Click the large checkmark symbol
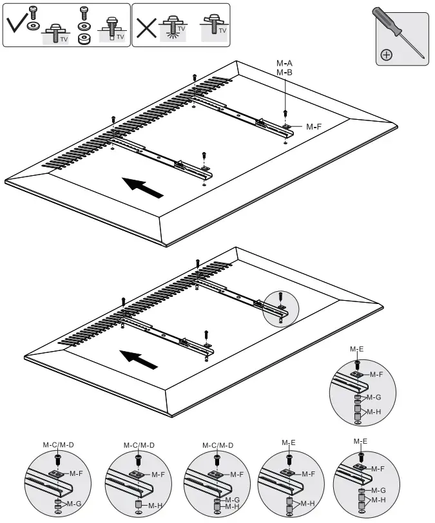[19, 25]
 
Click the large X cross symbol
[148, 26]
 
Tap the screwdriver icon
[400, 35]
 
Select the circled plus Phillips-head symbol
[387, 55]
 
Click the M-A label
[284, 63]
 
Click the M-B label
[284, 73]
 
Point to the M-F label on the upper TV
[314, 127]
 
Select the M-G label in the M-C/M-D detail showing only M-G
[74, 503]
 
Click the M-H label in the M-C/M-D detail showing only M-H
[155, 506]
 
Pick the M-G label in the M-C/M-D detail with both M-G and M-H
[233, 499]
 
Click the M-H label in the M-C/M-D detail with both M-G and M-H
[233, 506]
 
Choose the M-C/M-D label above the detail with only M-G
[58, 445]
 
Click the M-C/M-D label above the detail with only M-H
[138, 445]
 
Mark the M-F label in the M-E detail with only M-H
[308, 473]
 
